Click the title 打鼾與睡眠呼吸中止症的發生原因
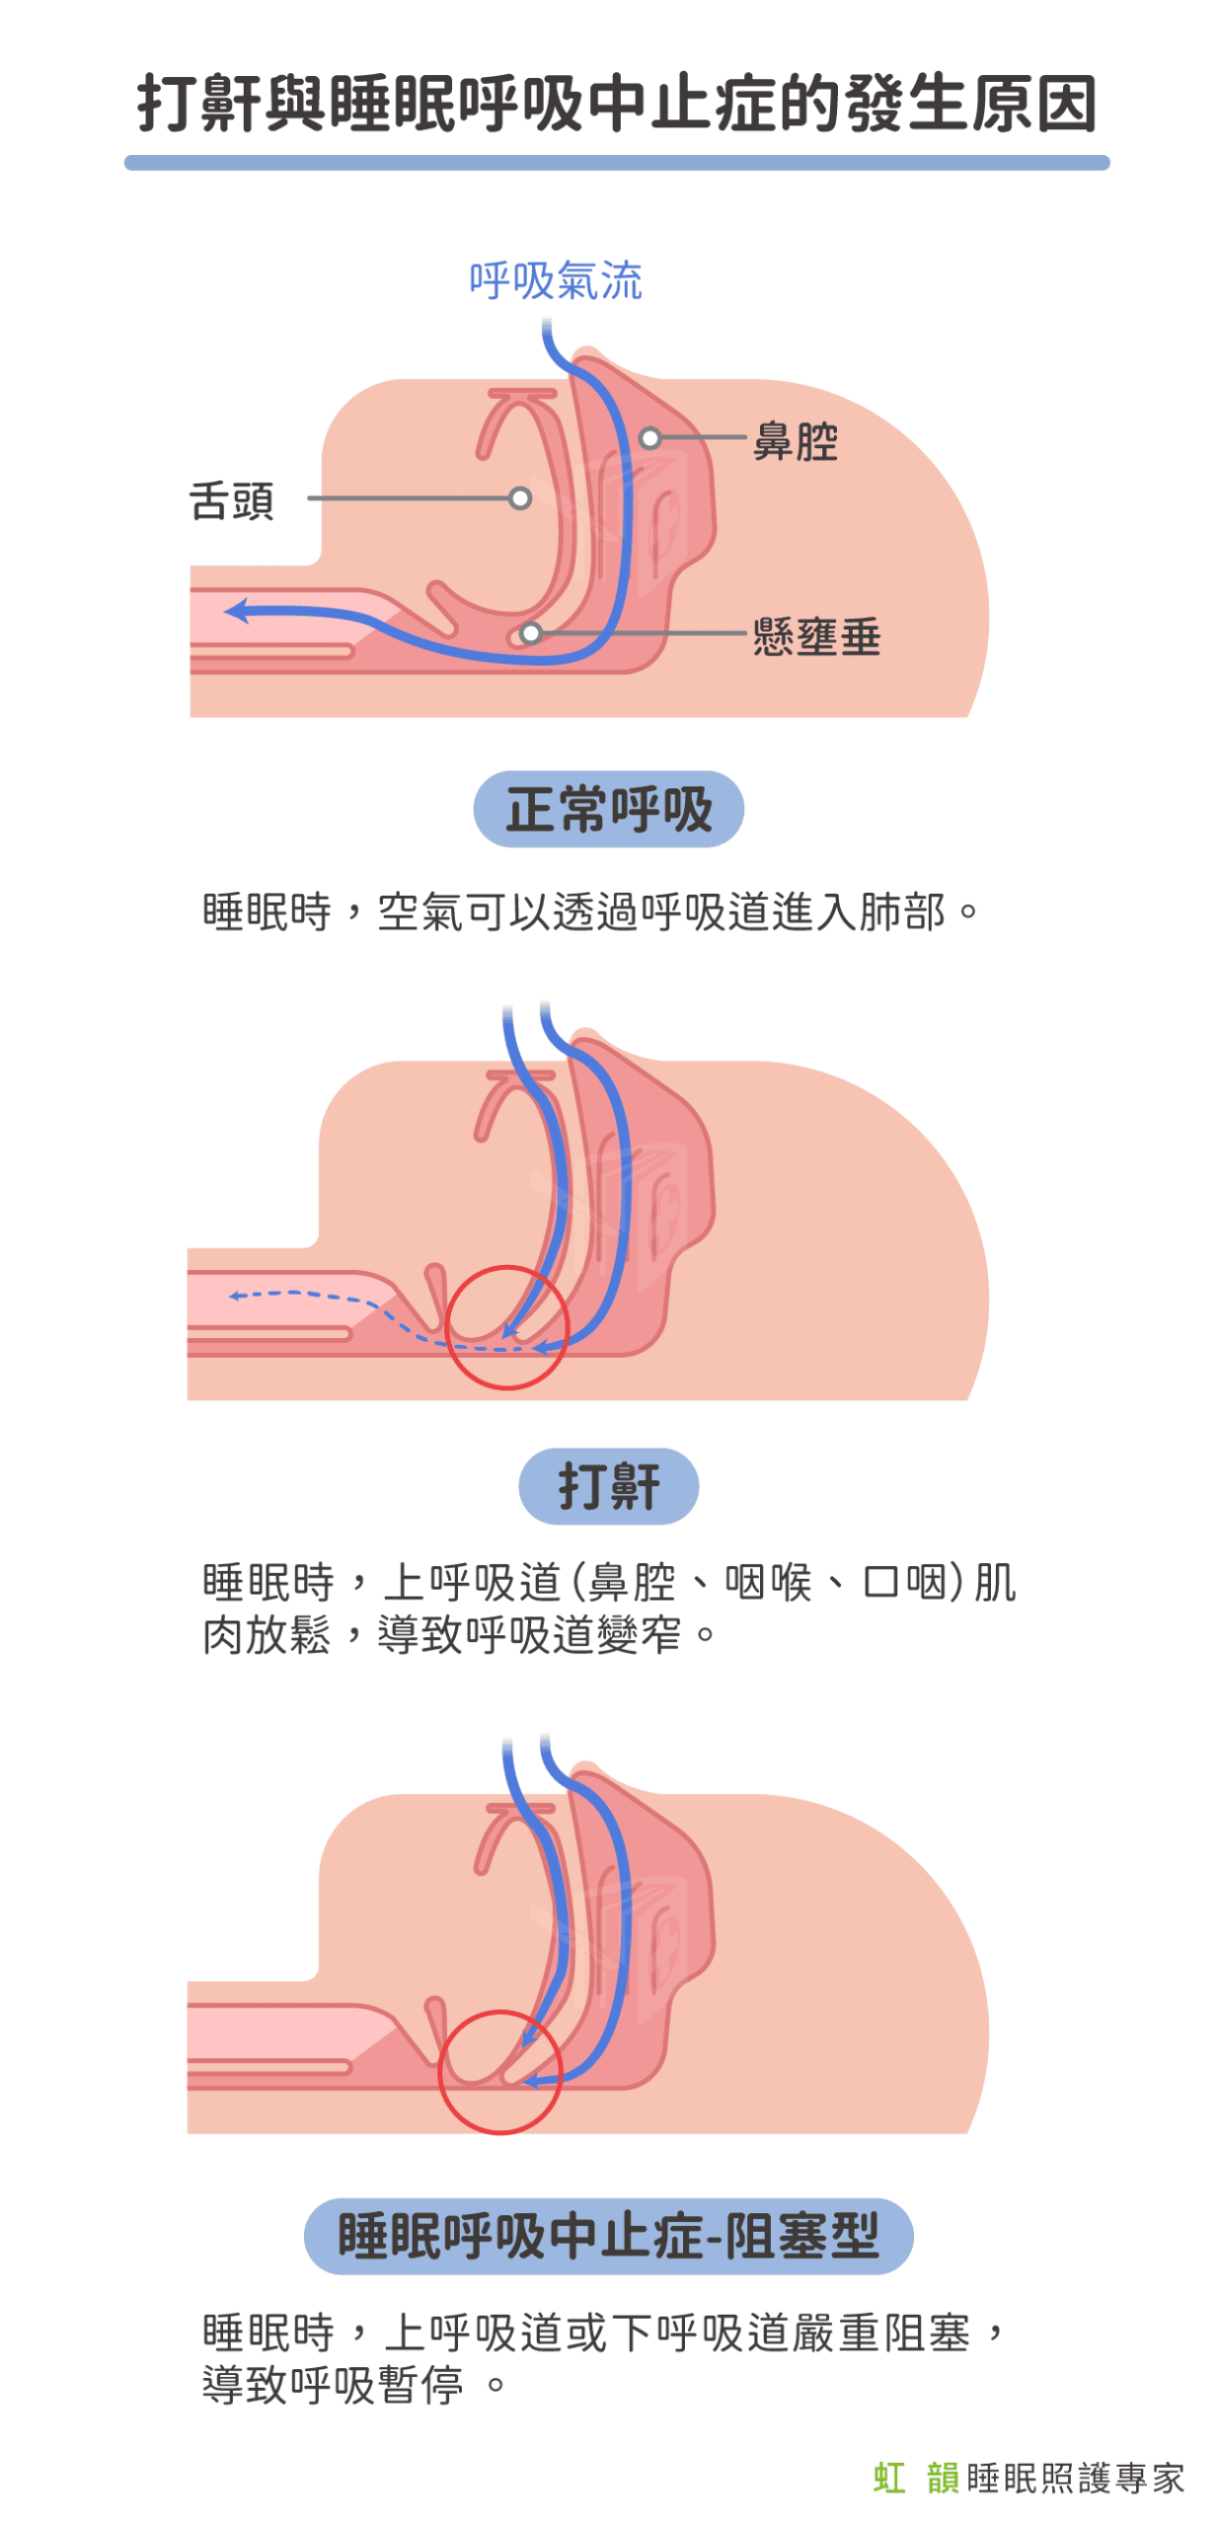616,103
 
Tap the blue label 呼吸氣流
555,280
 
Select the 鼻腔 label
795,439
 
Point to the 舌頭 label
232,501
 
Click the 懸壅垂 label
816,637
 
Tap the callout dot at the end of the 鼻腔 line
649,437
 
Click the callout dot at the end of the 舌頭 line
519,498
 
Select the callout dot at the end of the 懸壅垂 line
531,633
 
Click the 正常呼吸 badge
608,809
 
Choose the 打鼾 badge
608,1485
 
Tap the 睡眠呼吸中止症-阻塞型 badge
608,2236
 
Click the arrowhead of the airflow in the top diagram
236,610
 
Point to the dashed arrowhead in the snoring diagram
236,1295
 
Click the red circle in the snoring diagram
506,1327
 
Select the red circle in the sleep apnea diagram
500,2072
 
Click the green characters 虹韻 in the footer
915,2478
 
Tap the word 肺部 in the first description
901,911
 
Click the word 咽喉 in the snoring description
768,1582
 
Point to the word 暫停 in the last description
419,2385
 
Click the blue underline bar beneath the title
616,162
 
